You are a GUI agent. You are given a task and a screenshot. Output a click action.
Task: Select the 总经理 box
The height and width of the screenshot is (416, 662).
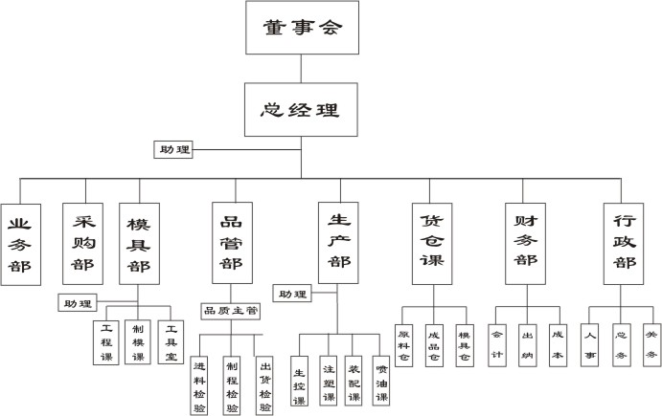click(302, 108)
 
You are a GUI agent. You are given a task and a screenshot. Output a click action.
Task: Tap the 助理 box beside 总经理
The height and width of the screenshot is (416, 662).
click(174, 149)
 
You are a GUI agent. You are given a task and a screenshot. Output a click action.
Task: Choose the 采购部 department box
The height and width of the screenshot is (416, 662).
click(81, 243)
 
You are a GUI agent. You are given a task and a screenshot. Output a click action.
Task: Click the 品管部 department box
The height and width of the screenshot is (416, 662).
click(231, 243)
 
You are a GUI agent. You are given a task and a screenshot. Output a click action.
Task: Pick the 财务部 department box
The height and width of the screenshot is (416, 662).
click(525, 243)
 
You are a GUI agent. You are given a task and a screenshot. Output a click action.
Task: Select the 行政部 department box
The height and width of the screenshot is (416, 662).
click(624, 243)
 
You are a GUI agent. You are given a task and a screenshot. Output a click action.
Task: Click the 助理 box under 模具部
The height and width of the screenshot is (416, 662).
click(78, 304)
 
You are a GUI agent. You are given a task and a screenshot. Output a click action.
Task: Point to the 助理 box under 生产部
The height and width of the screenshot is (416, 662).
click(292, 293)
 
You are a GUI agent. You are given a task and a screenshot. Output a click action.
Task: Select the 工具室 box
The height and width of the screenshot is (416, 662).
click(171, 342)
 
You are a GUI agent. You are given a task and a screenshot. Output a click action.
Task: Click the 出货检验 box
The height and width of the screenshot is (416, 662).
click(264, 385)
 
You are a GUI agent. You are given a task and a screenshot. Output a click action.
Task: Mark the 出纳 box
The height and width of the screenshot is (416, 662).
click(527, 342)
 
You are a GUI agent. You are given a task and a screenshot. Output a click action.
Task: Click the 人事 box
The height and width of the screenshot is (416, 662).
click(590, 342)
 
